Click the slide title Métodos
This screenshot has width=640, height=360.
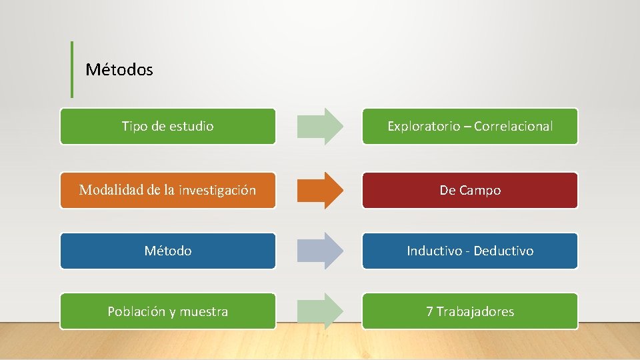click(119, 69)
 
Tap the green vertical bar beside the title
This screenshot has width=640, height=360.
click(72, 69)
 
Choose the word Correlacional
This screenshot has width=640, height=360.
click(513, 126)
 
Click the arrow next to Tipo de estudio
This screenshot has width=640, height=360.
click(320, 126)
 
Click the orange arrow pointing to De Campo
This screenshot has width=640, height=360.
click(320, 190)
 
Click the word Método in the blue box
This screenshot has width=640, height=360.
click(168, 251)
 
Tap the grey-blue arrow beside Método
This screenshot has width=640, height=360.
click(320, 251)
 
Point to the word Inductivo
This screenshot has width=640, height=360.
click(434, 251)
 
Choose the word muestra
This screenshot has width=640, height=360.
click(204, 312)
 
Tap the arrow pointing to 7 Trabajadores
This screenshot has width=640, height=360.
click(320, 311)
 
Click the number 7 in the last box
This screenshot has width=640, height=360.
click(430, 311)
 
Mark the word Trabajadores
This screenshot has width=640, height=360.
click(475, 311)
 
